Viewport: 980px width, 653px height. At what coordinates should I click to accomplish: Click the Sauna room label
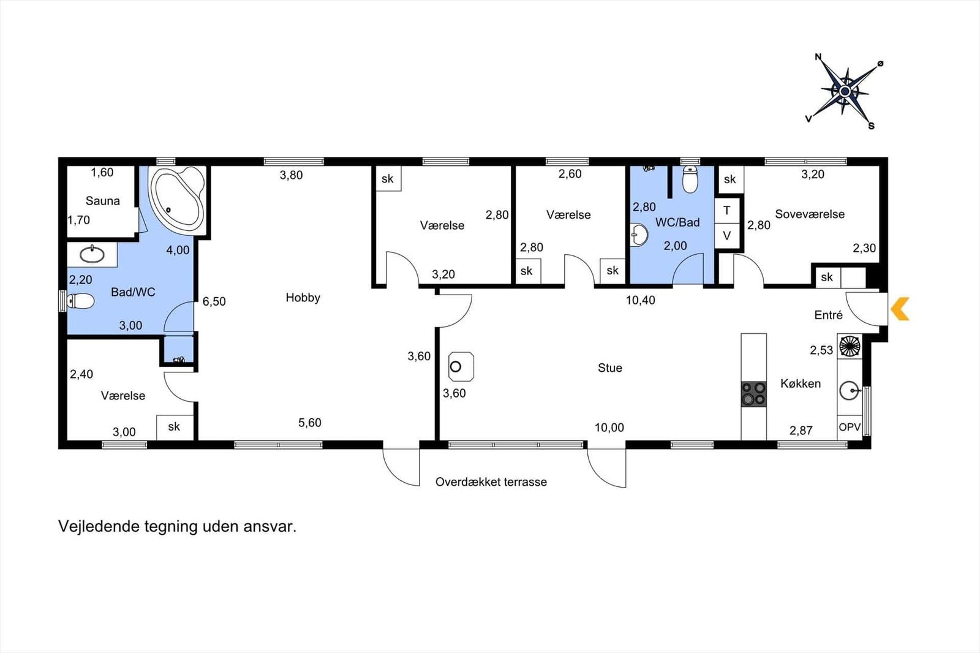coord(102,201)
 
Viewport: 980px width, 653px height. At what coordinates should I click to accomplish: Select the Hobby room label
coord(303,298)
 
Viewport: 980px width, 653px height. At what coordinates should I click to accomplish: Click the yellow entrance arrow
coord(900,309)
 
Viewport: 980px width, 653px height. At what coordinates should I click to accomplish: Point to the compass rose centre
coord(845,91)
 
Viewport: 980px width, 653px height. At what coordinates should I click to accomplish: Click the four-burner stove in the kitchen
coord(754,393)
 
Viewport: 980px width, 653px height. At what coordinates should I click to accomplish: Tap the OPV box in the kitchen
coord(850,427)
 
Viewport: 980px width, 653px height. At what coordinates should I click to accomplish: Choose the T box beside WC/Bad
coord(726,211)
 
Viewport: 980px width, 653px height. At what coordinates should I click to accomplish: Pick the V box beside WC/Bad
coord(726,236)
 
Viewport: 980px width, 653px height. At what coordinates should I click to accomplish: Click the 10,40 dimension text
coord(641,300)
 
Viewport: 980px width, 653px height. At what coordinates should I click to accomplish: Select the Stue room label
coord(610,368)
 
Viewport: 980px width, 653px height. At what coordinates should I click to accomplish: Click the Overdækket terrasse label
coord(491,482)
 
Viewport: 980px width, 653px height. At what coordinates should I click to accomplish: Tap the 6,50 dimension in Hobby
coord(214,301)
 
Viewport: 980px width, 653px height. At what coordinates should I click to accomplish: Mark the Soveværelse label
coord(810,214)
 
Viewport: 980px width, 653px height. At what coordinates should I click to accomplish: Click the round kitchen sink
coord(850,390)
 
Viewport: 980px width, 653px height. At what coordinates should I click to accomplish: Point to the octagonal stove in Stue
coord(461,366)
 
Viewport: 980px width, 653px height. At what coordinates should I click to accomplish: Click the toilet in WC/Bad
coord(690,179)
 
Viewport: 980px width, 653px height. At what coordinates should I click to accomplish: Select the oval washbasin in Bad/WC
coord(92,254)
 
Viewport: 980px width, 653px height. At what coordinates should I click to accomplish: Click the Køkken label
coord(800,383)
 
